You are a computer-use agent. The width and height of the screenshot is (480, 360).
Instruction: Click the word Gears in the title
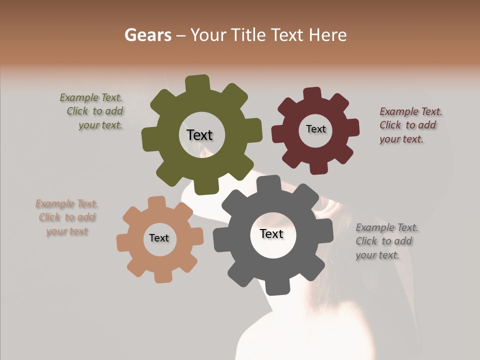(147, 35)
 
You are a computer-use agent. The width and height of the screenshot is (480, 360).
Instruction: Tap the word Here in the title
(327, 35)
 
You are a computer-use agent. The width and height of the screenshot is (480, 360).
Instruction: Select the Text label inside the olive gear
(199, 135)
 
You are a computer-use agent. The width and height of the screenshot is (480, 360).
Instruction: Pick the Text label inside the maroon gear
(315, 129)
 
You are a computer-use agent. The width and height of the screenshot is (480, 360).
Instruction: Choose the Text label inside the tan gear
(159, 238)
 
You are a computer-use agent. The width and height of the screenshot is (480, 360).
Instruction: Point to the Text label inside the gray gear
(271, 233)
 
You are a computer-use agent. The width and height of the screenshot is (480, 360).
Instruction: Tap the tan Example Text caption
(67, 217)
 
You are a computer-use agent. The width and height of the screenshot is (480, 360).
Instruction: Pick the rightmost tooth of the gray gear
(326, 231)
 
